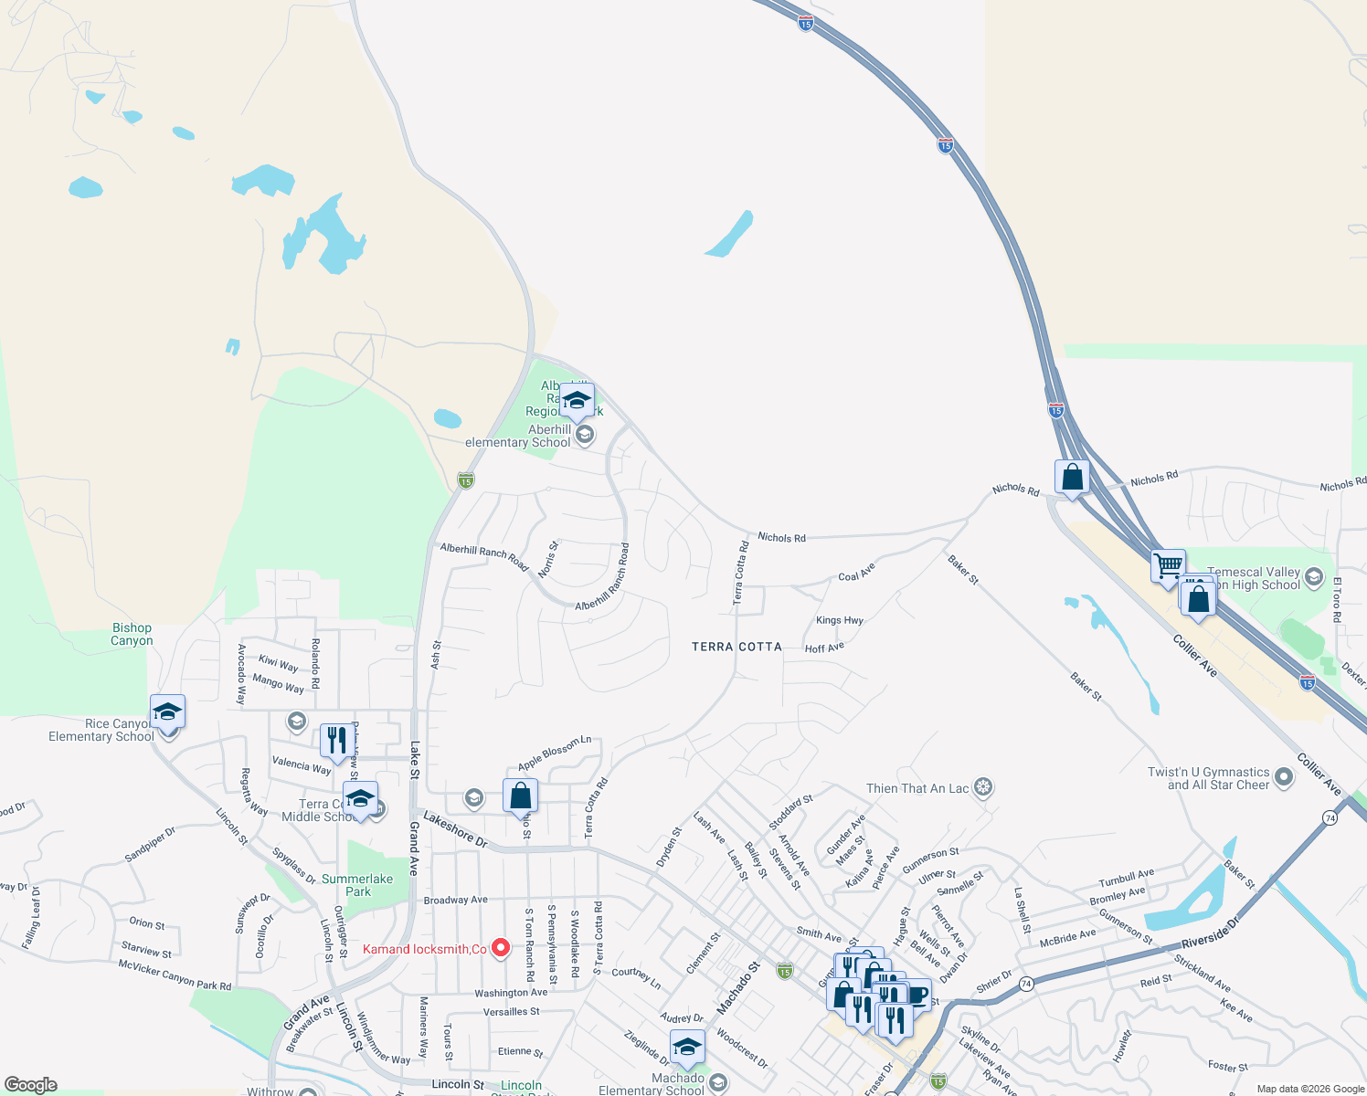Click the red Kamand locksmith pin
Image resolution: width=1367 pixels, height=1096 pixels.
pos(501,948)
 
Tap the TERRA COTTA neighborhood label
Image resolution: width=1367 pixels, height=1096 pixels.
pos(736,647)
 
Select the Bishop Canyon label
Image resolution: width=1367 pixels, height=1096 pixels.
pos(132,634)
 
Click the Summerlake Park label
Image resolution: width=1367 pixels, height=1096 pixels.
pos(357,885)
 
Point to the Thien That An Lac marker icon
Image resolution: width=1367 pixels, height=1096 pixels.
pos(983,787)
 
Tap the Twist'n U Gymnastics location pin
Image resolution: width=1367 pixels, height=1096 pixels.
pos(1284,777)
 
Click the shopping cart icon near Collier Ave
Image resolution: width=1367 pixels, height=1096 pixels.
pos(1169,566)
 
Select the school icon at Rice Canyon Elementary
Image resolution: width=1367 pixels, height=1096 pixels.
pos(168,711)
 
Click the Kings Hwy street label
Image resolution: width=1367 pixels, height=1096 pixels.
pos(840,620)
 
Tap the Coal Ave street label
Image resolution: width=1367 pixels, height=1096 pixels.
pos(856,572)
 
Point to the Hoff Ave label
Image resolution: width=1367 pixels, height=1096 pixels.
pos(824,648)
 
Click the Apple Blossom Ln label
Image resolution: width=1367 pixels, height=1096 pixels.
pos(555,753)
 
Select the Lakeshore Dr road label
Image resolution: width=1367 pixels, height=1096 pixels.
pos(456,829)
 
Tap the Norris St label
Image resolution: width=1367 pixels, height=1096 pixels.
pos(548,559)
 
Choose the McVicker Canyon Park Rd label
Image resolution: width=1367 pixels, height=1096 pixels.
pos(175,974)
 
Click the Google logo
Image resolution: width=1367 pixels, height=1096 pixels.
pos(31,1085)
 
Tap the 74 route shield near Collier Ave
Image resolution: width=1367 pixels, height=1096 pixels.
pos(1330,818)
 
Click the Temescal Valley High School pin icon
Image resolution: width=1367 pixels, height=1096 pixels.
pos(1314,576)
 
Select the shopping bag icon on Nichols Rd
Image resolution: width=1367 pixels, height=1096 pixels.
pos(1072,477)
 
